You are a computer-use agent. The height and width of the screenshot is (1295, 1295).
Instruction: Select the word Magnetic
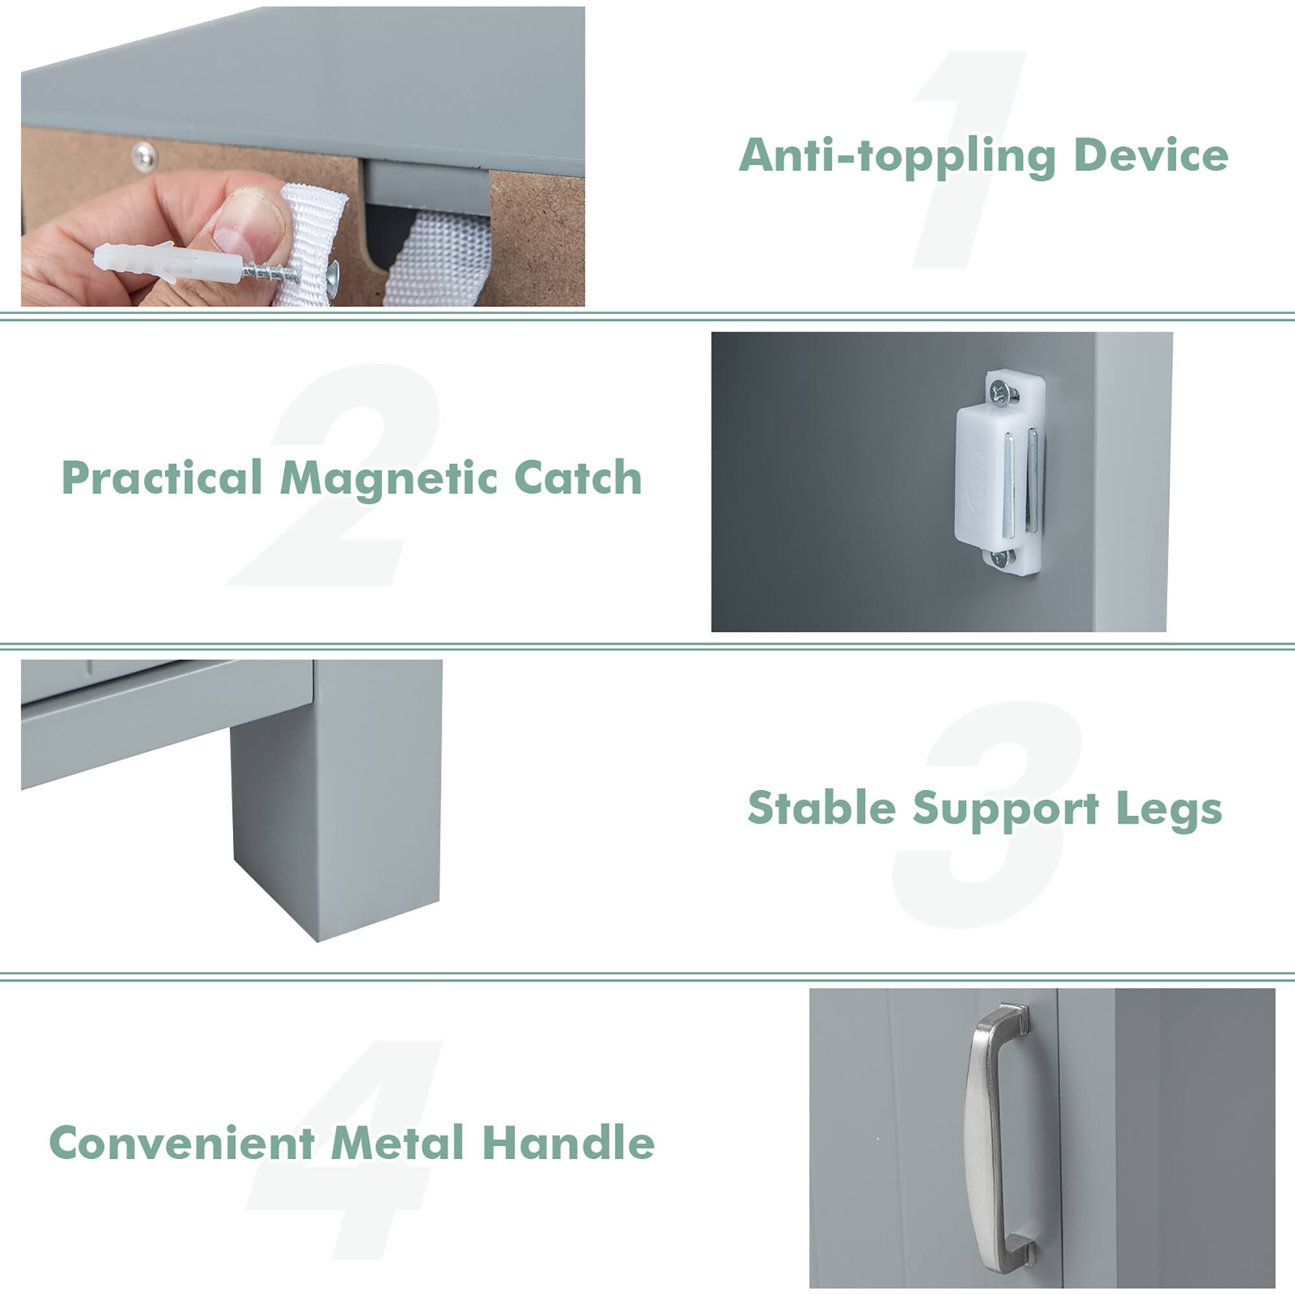click(x=388, y=479)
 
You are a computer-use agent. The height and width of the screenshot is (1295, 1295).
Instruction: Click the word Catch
click(x=578, y=478)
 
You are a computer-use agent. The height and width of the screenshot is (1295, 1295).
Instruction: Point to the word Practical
click(x=161, y=478)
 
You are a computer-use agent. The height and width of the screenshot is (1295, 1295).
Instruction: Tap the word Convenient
click(x=182, y=1142)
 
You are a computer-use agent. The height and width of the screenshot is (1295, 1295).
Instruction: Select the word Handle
click(x=569, y=1142)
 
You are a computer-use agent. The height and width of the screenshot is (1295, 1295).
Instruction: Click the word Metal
click(x=398, y=1142)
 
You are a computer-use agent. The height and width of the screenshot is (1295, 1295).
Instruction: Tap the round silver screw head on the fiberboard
click(x=145, y=156)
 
